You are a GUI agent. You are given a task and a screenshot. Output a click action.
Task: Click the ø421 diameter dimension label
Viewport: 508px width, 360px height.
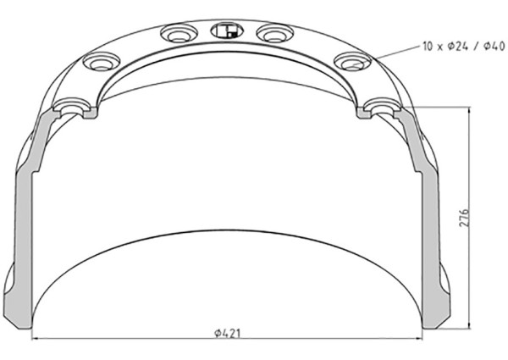click(228, 333)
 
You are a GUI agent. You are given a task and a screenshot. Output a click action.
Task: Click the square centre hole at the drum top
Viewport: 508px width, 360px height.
click(224, 32)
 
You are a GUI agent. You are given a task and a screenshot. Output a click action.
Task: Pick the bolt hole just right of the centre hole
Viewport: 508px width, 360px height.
click(273, 35)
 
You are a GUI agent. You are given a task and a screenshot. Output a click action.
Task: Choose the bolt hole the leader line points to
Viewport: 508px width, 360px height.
click(351, 62)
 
